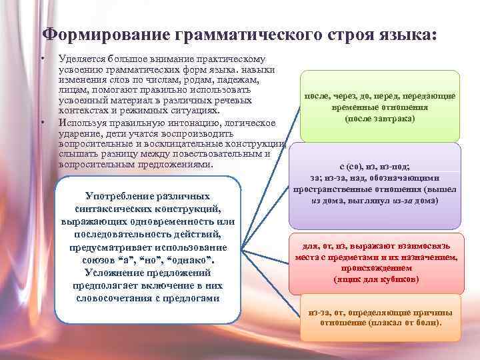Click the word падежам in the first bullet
click(x=237, y=79)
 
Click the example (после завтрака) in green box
click(x=379, y=118)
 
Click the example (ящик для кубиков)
click(x=376, y=279)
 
